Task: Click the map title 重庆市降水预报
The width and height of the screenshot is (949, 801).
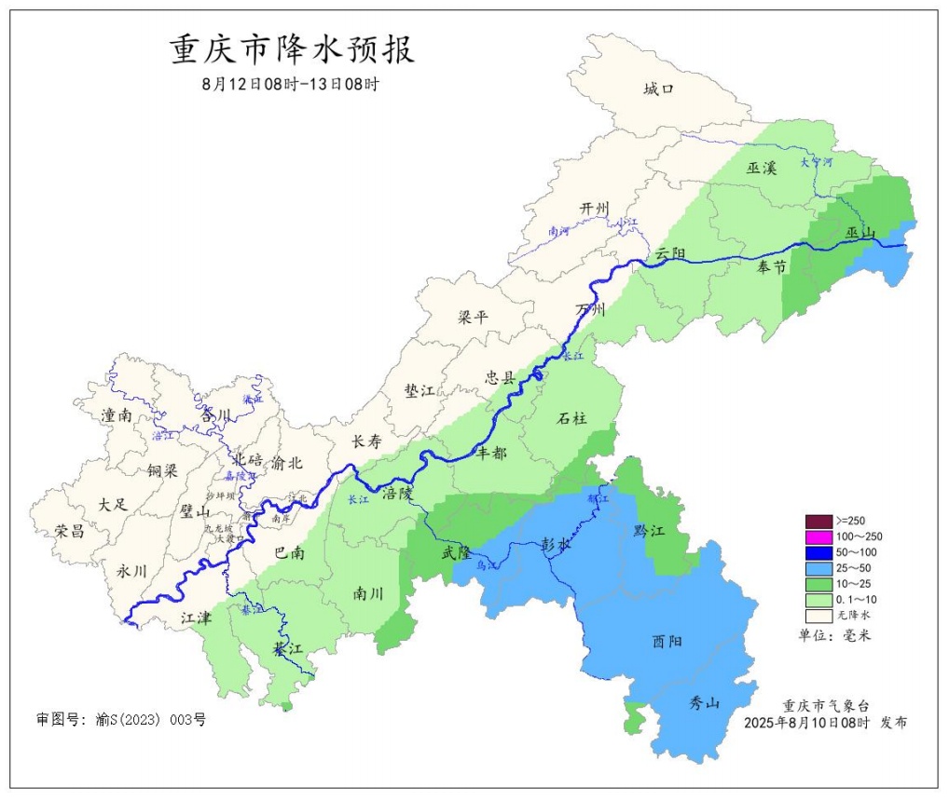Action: (292, 49)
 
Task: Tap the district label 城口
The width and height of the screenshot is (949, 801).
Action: (658, 89)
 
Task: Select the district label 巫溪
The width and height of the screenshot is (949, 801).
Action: (761, 168)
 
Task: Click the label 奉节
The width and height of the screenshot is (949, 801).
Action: (771, 267)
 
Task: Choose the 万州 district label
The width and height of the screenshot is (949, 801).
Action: (591, 309)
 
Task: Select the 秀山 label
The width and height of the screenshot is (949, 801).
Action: (704, 703)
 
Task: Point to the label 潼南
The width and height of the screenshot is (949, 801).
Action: (117, 416)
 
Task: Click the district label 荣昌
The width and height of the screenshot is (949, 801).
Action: (69, 531)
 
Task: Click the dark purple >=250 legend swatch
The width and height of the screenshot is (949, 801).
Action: (818, 520)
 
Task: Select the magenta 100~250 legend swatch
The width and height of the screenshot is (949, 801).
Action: (818, 536)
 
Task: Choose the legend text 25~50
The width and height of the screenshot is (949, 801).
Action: (854, 568)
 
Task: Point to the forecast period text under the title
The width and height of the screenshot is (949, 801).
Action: (291, 84)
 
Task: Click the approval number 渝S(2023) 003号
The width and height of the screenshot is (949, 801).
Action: (120, 719)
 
